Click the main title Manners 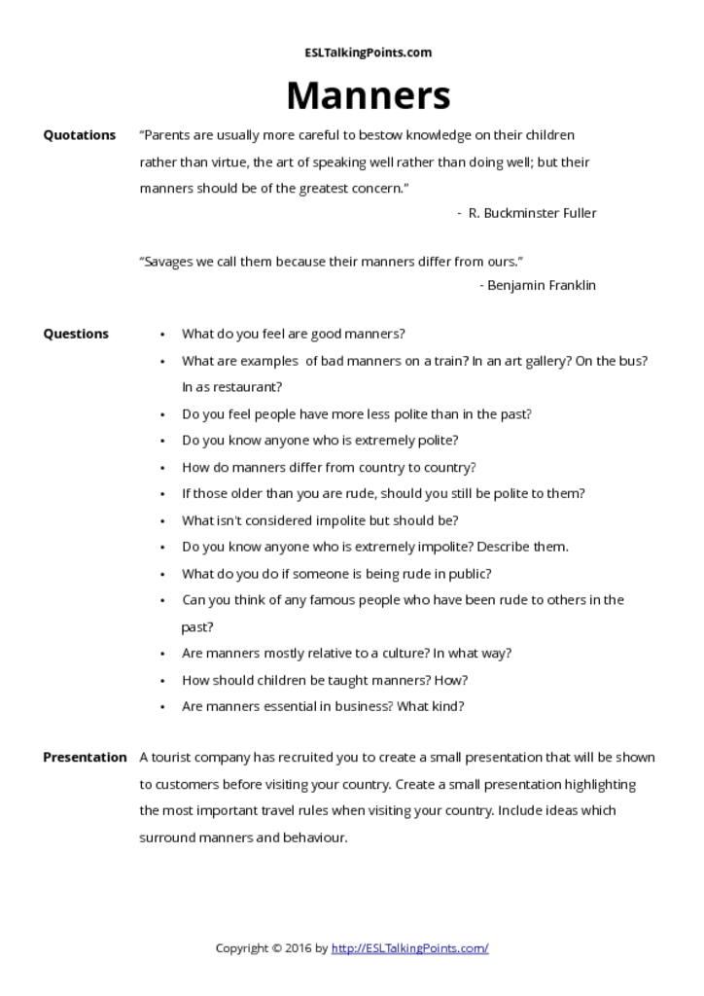point(368,95)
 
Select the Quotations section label point(79,135)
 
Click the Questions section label point(76,334)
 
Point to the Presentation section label point(85,757)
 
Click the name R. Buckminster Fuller point(532,213)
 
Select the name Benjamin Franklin point(542,285)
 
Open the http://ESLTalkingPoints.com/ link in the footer point(409,947)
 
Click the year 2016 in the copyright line point(299,947)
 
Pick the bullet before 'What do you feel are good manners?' point(162,335)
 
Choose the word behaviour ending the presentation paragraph point(314,836)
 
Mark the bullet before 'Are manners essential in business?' point(162,707)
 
